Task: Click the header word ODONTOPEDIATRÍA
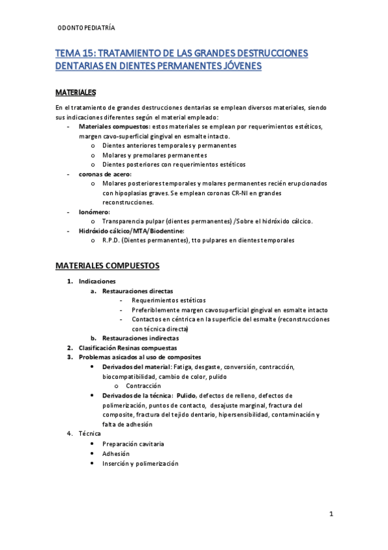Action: pyautogui.click(x=86, y=29)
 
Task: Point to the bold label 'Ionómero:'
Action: pyautogui.click(x=95, y=211)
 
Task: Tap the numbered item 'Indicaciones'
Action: pyautogui.click(x=97, y=281)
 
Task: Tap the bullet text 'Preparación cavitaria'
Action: pyautogui.click(x=133, y=444)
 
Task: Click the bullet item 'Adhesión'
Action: pyautogui.click(x=116, y=453)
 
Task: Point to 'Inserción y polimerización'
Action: pyautogui.click(x=140, y=463)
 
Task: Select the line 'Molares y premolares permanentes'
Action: pyautogui.click(x=155, y=155)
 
